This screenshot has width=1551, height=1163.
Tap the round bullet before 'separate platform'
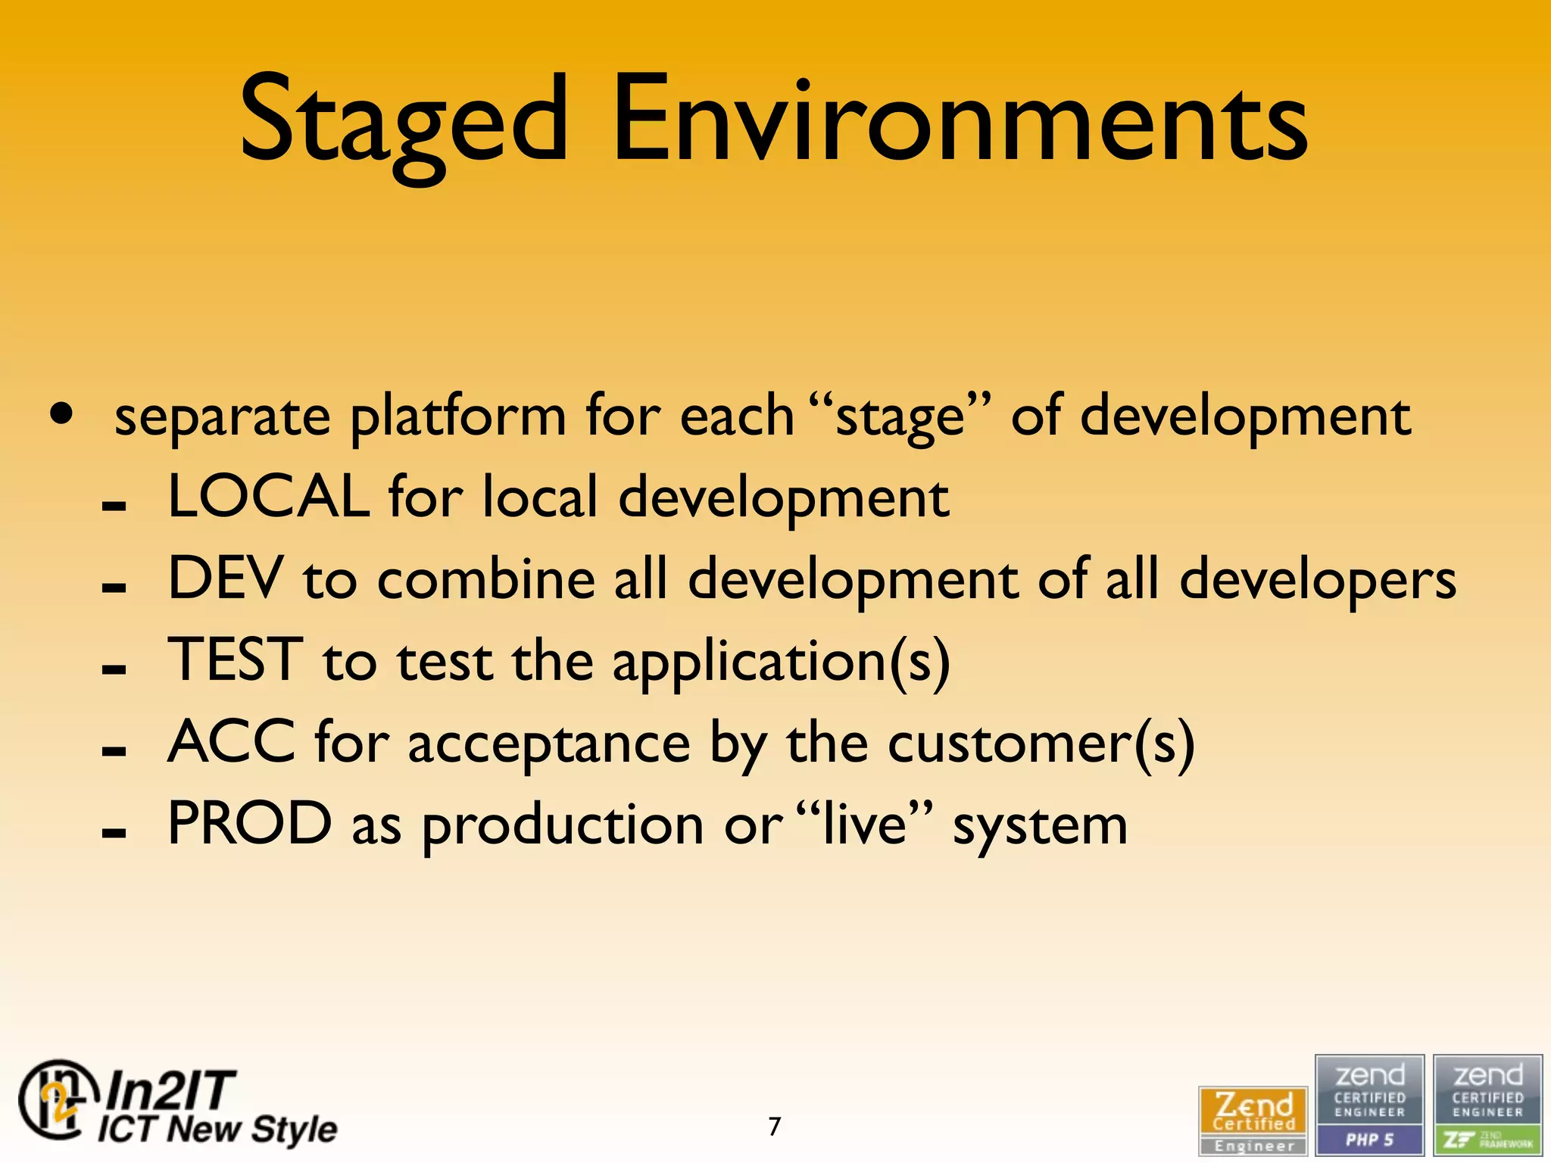point(61,414)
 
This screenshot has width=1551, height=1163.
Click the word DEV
point(225,578)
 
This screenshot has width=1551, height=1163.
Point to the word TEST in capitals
point(235,660)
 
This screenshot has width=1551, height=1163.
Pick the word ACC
point(231,742)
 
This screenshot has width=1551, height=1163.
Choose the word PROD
point(249,824)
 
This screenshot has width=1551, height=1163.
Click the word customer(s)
point(1041,744)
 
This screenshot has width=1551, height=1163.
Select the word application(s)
point(781,662)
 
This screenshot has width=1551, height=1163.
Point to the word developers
point(1317,580)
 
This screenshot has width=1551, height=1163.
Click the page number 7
point(774,1127)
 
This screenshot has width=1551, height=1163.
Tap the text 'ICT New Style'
point(217,1129)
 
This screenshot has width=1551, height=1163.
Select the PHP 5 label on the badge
point(1369,1140)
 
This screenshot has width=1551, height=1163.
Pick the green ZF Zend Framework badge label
point(1487,1140)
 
